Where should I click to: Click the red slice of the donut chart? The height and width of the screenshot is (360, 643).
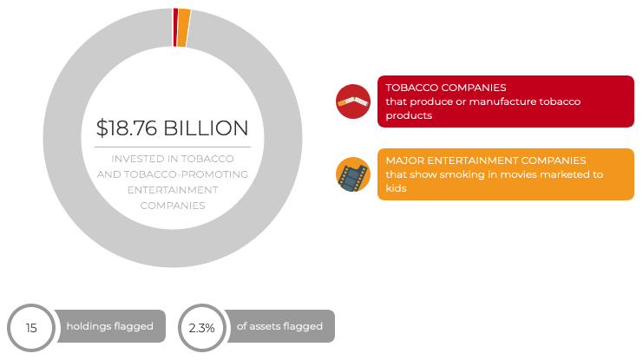click(175, 15)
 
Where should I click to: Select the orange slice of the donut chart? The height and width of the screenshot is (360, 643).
click(184, 16)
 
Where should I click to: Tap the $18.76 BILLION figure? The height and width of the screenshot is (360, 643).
click(172, 128)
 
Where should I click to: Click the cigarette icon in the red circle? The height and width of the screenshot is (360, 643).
click(353, 101)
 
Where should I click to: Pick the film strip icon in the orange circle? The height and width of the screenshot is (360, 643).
click(352, 174)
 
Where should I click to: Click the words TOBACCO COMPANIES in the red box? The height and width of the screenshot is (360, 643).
click(446, 88)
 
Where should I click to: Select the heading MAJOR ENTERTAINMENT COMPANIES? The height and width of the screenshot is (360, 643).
click(486, 161)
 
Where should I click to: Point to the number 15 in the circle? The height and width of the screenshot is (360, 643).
click(31, 329)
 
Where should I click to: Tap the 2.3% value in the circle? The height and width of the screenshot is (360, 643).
click(201, 329)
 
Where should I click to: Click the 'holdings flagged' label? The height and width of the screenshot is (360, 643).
click(109, 327)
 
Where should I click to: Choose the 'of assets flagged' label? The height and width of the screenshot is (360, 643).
click(279, 327)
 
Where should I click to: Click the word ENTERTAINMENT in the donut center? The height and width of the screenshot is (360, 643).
click(172, 190)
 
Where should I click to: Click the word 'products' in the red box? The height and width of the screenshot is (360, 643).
click(409, 115)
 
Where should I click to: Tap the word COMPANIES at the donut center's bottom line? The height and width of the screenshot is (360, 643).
click(172, 206)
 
